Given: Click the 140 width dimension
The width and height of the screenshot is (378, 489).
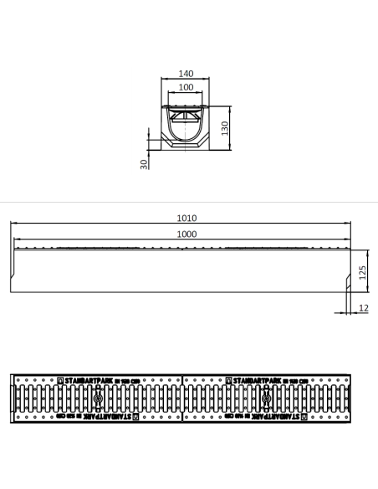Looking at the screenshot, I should point(186,74).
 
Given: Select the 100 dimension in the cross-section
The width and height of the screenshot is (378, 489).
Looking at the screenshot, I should point(186,87).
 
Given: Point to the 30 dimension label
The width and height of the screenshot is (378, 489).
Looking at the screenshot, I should point(144,163).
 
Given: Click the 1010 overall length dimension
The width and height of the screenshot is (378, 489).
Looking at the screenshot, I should point(186,218).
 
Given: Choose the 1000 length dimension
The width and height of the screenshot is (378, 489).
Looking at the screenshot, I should point(186,234).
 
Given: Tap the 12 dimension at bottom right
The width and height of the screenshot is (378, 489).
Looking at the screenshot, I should point(364,307).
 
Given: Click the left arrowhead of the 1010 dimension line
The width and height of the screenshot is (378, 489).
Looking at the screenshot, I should point(13,223).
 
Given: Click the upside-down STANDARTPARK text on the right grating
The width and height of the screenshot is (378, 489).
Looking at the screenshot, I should point(261,414).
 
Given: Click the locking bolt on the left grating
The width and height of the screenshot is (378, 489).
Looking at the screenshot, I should point(99,398).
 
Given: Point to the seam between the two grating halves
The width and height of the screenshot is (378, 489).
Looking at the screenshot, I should point(181,398).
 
